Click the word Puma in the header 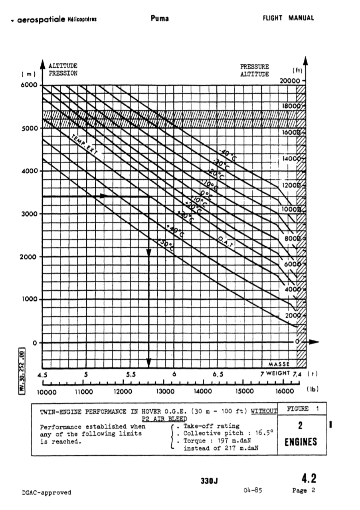[x=160, y=18]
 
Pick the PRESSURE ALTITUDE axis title [x=254, y=70]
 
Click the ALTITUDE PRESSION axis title [x=63, y=69]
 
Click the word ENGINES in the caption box [x=301, y=442]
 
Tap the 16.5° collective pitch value [x=263, y=433]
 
